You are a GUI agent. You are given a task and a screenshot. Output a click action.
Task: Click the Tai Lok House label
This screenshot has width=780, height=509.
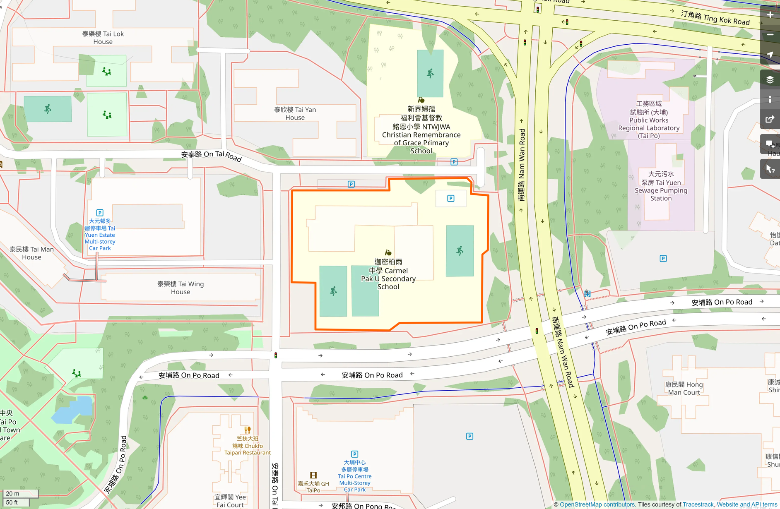click(x=103, y=38)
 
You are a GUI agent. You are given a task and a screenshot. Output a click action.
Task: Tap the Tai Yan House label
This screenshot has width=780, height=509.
click(x=295, y=113)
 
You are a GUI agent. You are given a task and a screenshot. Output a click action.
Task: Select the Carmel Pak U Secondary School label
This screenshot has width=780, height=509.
click(x=388, y=274)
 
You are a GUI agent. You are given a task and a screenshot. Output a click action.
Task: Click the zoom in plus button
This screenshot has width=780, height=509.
click(x=770, y=15)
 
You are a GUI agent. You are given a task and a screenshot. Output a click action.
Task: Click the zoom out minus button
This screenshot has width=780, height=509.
click(x=770, y=35)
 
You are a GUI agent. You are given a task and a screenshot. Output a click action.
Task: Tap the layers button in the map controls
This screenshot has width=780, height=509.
click(x=770, y=79)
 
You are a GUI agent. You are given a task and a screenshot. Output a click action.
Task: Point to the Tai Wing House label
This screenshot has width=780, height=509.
click(x=181, y=288)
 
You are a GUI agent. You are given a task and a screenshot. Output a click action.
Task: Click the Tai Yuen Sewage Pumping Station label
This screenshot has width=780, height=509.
click(x=661, y=186)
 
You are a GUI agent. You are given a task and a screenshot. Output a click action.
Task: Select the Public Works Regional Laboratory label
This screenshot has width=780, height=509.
click(x=649, y=120)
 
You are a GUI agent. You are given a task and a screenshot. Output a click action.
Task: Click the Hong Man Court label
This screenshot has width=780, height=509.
click(x=684, y=388)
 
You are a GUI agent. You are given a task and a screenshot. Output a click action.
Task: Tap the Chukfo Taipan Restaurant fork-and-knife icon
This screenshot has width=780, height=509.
click(x=247, y=430)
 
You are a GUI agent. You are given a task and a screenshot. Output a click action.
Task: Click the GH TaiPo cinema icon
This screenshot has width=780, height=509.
click(x=313, y=475)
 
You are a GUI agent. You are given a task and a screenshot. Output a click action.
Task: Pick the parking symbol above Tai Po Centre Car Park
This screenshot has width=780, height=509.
click(x=354, y=454)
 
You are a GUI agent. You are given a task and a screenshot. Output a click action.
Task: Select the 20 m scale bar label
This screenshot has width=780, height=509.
click(x=12, y=494)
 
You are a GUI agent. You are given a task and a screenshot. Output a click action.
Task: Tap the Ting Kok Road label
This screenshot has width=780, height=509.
click(x=715, y=17)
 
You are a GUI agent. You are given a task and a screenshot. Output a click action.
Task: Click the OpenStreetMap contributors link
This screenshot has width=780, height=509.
click(x=597, y=504)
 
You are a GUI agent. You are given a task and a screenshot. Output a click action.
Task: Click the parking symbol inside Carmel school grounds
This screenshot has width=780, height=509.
click(x=451, y=199)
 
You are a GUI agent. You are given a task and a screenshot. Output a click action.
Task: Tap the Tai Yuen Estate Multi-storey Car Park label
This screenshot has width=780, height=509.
click(x=100, y=235)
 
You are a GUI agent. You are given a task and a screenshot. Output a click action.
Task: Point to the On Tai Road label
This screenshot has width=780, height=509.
click(x=211, y=156)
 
